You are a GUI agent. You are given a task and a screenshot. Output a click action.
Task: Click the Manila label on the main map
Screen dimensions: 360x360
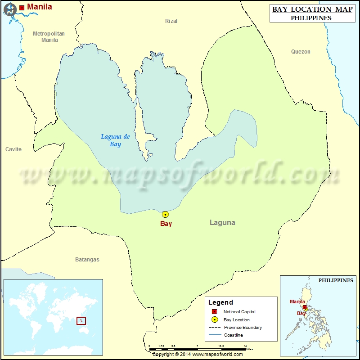pos(40,7)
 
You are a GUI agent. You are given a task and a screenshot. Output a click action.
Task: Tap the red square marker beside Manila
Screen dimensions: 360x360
pos(22,8)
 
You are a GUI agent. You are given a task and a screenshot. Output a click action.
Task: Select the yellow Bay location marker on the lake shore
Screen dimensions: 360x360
pos(165,215)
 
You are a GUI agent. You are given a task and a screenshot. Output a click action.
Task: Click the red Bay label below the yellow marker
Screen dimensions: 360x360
pos(166,224)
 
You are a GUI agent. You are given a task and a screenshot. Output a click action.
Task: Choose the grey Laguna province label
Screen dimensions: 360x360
pos(222,222)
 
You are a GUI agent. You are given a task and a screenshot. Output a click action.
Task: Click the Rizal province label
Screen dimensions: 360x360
pos(171,21)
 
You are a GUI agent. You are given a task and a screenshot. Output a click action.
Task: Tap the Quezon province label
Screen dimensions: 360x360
pos(301,52)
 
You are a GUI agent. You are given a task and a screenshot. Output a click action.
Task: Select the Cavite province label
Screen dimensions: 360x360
pos(13,149)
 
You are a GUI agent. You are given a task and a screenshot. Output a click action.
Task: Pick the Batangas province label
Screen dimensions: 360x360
pos(87,260)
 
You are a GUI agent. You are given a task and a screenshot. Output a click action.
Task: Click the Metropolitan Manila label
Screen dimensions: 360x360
pos(49,36)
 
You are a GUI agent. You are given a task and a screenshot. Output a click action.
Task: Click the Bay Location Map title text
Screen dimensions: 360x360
pos(312,9)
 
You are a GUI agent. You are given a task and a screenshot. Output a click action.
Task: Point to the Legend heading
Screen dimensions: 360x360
pos(220,302)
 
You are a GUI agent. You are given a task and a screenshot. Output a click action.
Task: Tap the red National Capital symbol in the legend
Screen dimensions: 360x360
pos(215,312)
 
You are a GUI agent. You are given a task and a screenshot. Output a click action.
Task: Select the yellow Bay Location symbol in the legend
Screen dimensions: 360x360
pos(215,319)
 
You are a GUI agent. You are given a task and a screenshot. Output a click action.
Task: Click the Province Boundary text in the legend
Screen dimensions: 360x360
pos(243,328)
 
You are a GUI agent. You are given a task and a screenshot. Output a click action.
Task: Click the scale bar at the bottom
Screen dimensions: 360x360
pos(198,349)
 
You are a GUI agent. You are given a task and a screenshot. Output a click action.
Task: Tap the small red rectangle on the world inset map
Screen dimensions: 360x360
pos(81,321)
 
